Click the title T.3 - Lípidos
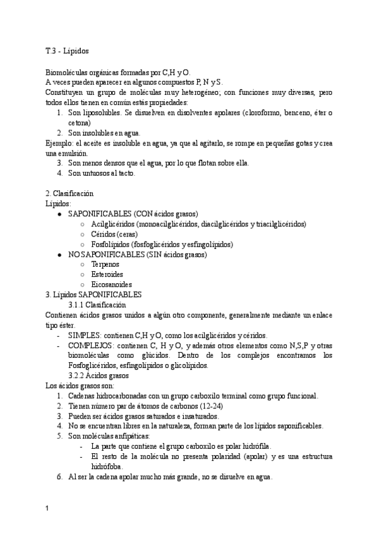(71, 51)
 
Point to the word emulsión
(68, 153)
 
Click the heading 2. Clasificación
(69, 193)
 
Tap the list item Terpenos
(107, 264)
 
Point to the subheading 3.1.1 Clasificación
(102, 305)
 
